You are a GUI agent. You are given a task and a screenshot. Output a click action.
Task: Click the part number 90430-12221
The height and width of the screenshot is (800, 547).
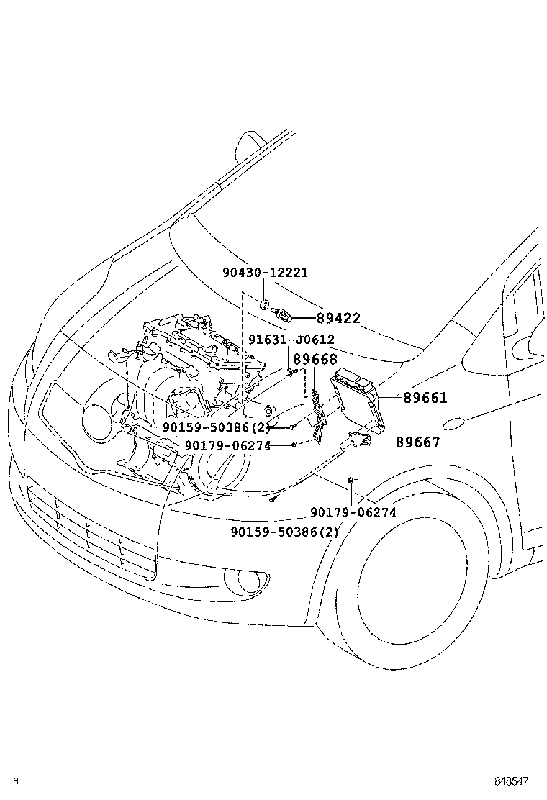click(x=265, y=273)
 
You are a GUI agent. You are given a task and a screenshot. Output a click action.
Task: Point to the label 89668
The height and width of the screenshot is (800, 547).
click(x=315, y=359)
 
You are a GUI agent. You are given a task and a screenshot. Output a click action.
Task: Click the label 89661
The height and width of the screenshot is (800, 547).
click(x=425, y=397)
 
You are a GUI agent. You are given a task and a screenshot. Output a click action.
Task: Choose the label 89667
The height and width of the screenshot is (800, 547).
click(x=417, y=442)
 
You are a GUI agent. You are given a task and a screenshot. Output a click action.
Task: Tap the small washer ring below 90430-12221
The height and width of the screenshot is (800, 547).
click(x=265, y=304)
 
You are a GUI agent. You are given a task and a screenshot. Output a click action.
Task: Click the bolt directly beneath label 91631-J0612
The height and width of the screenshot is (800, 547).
click(x=289, y=373)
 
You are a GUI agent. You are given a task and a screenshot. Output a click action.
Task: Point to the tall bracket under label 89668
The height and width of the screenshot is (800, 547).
click(x=317, y=417)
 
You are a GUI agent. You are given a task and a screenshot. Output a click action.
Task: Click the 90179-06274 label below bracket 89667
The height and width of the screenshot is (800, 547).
click(x=353, y=512)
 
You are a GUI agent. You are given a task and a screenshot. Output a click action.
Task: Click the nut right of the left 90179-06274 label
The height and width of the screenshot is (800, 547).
click(x=294, y=446)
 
